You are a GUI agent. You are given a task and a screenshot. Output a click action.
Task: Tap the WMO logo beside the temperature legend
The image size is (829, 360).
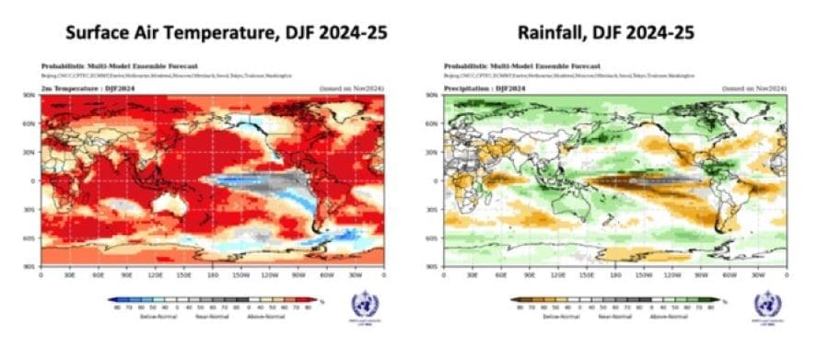(363, 308)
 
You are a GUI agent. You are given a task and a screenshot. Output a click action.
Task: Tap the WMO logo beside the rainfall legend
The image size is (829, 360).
(765, 308)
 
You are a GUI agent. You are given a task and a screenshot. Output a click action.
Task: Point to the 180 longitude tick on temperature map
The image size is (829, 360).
(213, 274)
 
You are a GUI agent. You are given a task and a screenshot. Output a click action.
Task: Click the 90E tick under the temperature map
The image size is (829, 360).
(126, 274)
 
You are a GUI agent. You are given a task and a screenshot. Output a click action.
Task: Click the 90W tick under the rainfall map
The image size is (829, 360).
(701, 274)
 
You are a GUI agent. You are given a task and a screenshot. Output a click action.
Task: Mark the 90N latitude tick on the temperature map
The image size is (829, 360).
(35, 95)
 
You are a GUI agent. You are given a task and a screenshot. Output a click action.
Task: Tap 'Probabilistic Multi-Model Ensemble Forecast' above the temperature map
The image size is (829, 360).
(101, 67)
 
